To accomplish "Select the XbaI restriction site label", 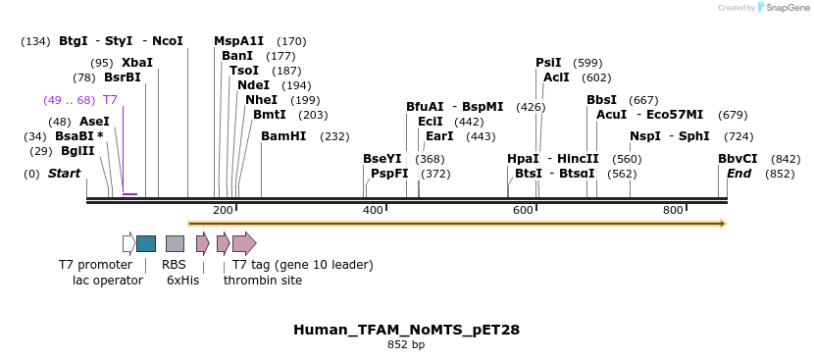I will tap(137, 63).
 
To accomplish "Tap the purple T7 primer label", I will tap(110, 100).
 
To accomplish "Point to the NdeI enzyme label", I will tap(254, 85).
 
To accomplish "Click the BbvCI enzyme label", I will tap(738, 159).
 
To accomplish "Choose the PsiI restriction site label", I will tap(548, 63).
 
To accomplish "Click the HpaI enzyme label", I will tap(523, 159).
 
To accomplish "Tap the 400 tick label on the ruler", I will tap(373, 211).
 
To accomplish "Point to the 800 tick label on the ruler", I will tap(673, 211).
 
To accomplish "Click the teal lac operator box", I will tap(146, 243).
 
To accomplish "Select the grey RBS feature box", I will tap(175, 243).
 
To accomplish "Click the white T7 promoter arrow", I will tap(128, 243).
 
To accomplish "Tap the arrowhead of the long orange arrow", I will tap(722, 224).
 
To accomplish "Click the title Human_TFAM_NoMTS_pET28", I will tap(406, 330).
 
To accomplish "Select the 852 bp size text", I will tap(406, 345).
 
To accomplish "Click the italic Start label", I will tap(64, 174).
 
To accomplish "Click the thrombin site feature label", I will tap(262, 281).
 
